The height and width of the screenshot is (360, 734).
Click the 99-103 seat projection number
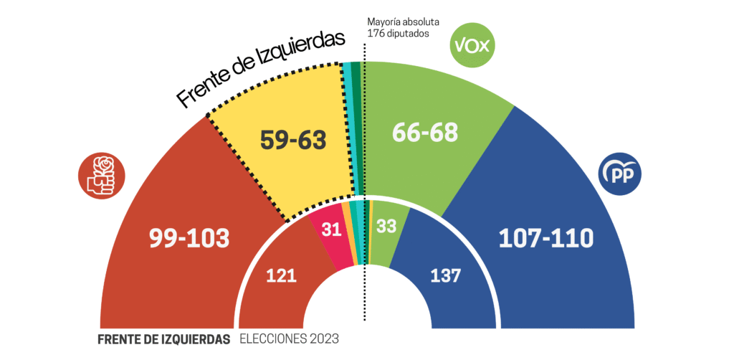click(x=189, y=238)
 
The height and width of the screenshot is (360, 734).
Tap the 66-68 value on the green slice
click(x=426, y=132)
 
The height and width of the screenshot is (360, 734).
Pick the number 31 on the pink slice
click(x=330, y=230)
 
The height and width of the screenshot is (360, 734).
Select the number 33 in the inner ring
click(x=386, y=227)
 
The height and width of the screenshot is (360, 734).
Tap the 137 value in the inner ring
click(x=446, y=275)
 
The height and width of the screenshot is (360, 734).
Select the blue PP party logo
click(x=620, y=174)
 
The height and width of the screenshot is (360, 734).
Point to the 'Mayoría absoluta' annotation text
click(x=403, y=22)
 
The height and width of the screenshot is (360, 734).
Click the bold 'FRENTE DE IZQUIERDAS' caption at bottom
click(x=164, y=339)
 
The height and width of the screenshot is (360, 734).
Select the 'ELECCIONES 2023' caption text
click(x=289, y=339)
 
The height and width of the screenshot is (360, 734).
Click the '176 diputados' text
click(x=398, y=33)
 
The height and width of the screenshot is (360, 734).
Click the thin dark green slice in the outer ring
click(x=356, y=129)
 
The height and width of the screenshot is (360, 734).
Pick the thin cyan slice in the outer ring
click(x=348, y=129)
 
